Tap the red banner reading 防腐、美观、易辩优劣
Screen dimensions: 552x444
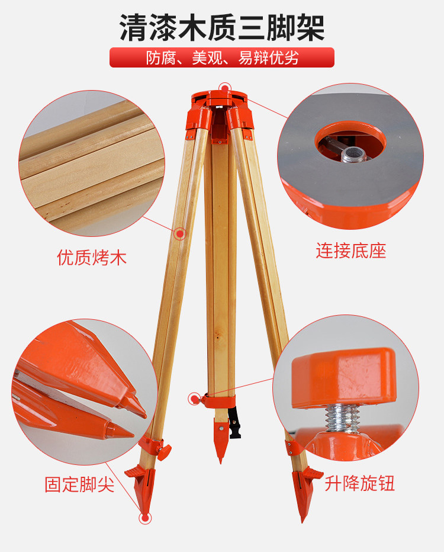[x=222, y=58]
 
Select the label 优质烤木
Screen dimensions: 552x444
[x=92, y=258]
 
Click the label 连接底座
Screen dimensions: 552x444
[x=350, y=251]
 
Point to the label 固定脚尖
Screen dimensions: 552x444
[x=79, y=484]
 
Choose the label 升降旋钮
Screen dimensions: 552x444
[x=359, y=484]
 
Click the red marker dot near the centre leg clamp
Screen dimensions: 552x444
[x=194, y=398]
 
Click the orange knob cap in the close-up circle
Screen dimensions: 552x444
[x=343, y=377]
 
